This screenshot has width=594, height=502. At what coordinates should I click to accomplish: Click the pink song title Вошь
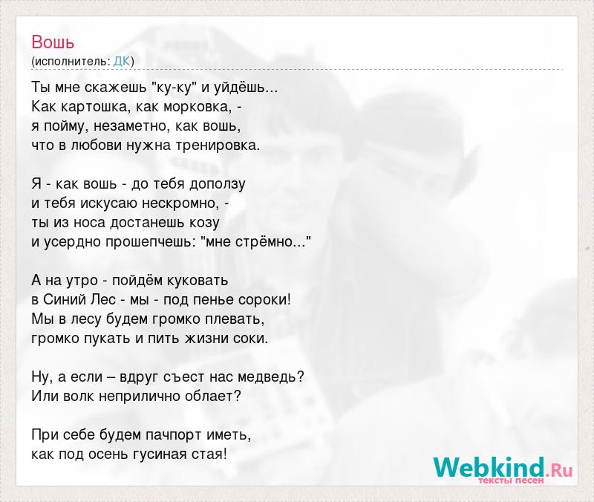point(53,42)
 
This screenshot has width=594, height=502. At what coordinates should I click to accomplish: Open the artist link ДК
point(122,62)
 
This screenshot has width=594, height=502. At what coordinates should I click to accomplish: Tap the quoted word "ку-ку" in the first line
point(174,88)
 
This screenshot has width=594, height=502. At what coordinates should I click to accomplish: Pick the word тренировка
point(218,146)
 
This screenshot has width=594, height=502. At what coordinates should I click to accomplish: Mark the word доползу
point(217,184)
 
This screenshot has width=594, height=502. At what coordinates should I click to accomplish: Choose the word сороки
point(263,300)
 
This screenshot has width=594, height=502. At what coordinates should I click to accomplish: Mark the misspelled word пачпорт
point(174,435)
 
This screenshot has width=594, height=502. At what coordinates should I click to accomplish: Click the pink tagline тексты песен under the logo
point(511,480)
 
